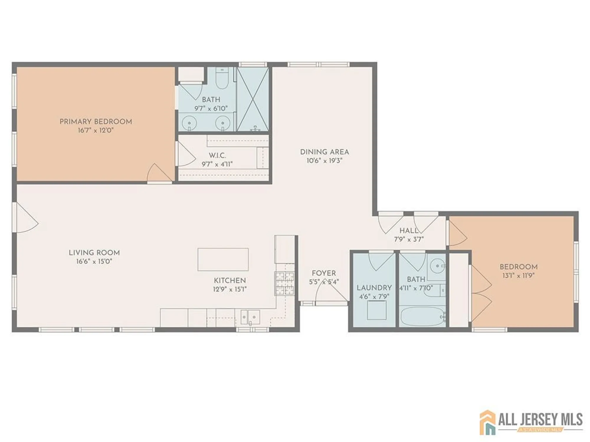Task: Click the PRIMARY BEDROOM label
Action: coord(96,121)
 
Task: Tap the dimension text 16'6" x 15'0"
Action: coord(94,261)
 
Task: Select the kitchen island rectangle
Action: coord(223,259)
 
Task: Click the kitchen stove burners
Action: coord(285,283)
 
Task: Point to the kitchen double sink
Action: coord(250,317)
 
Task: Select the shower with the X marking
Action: coord(253,99)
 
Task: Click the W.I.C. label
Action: coord(217,155)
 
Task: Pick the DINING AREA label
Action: coord(324,152)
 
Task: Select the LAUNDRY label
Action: coord(374,288)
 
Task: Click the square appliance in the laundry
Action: coord(377,310)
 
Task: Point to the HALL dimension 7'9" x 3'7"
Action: coord(409,240)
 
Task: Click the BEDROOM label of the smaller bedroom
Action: coord(518,267)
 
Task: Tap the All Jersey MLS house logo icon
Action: coord(487,422)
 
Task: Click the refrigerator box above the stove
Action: coord(284,249)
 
